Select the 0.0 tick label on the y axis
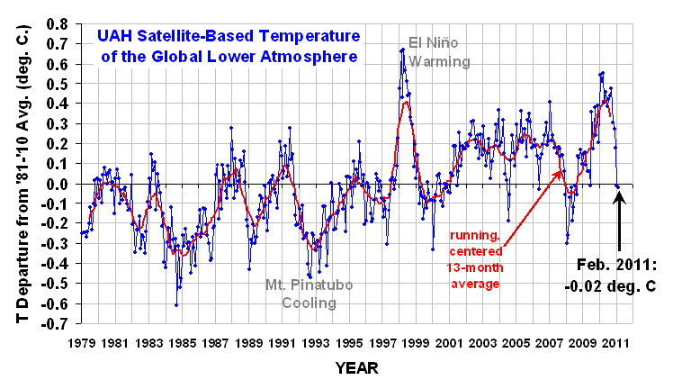(x=60, y=185)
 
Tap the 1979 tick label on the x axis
(x=83, y=343)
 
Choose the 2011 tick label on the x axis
(x=617, y=343)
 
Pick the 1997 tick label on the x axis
(x=383, y=343)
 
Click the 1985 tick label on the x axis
(x=183, y=343)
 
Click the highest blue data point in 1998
(x=401, y=50)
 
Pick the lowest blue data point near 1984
(x=176, y=306)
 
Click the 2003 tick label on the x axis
(x=483, y=343)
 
